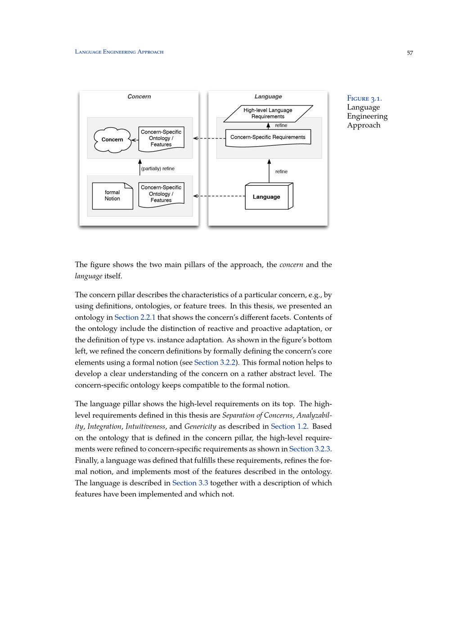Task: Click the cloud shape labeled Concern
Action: click(112, 140)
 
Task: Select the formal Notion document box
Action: click(112, 196)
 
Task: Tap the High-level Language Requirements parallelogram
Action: click(268, 113)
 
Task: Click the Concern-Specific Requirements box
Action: click(268, 137)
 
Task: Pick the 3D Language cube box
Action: click(268, 197)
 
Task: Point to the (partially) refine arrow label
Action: click(157, 169)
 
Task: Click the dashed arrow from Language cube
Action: click(219, 196)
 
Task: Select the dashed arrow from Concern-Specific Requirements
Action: click(209, 139)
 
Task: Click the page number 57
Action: click(409, 53)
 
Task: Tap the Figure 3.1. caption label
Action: click(364, 99)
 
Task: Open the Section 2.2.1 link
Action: click(135, 318)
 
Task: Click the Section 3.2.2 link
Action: click(215, 363)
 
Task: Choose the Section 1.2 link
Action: click(288, 426)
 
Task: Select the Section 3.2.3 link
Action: click(310, 449)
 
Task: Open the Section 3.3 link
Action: click(190, 483)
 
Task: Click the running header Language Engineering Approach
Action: click(119, 52)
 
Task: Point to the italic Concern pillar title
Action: click(139, 97)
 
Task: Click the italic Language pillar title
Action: click(268, 97)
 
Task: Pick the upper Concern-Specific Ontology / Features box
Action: click(161, 138)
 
